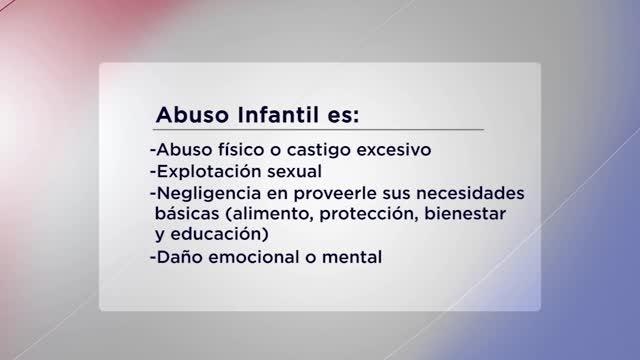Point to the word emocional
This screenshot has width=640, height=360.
click(252, 257)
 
